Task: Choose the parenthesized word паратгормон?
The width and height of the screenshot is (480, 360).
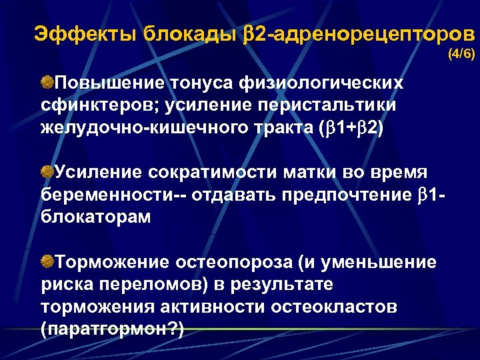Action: pos(112,329)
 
